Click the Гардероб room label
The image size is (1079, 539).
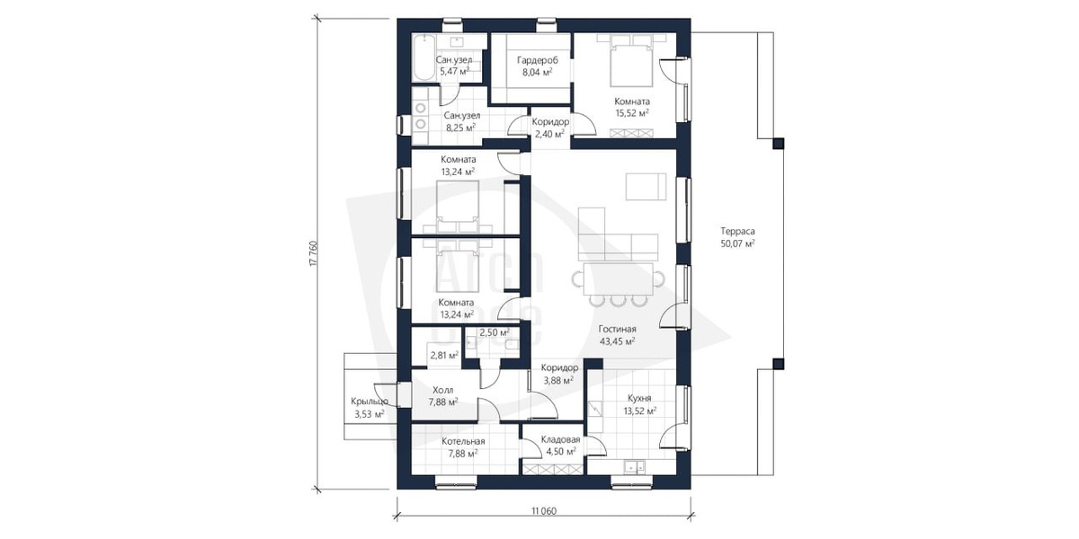pos(538,60)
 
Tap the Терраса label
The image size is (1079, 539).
pos(737,231)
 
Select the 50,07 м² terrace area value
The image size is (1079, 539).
pos(737,243)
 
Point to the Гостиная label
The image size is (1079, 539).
pos(617,329)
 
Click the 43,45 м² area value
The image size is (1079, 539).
pos(617,341)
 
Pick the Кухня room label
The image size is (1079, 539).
pos(639,399)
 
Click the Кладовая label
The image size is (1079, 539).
pos(560,439)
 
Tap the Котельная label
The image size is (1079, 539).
pos(463,441)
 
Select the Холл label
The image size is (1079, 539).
pos(442,390)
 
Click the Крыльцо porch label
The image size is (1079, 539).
pos(370,402)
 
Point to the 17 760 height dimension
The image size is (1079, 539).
pos(315,253)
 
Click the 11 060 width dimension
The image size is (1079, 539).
pos(544,510)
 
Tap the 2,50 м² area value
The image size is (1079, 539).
pos(495,332)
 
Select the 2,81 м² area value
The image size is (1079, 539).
pos(444,356)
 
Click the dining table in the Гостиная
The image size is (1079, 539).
pos(619,278)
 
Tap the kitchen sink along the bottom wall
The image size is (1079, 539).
pos(634,466)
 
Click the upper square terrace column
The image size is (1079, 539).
pos(778,144)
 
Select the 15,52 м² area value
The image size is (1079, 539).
pos(632,113)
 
